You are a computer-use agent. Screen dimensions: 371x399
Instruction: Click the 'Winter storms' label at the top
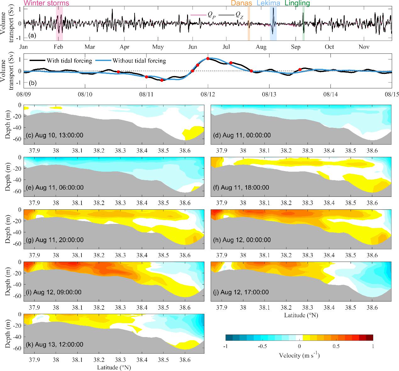click(46, 3)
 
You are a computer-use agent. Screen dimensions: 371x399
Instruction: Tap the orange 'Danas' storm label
click(241, 3)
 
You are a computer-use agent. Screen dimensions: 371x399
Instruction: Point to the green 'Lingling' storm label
click(297, 3)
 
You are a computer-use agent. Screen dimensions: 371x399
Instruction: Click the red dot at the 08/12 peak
click(208, 58)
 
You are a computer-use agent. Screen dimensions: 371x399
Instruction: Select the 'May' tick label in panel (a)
click(158, 47)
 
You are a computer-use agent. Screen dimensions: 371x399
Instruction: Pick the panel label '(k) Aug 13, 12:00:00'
click(54, 344)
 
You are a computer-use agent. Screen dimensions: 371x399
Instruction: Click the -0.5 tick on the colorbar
click(262, 346)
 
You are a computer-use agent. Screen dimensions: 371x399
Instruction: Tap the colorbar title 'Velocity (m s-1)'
click(299, 356)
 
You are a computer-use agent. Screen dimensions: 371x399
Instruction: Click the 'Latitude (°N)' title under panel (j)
click(301, 315)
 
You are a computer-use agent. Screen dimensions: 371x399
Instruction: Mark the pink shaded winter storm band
click(59, 24)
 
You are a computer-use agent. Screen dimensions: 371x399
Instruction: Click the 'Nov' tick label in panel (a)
click(364, 47)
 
